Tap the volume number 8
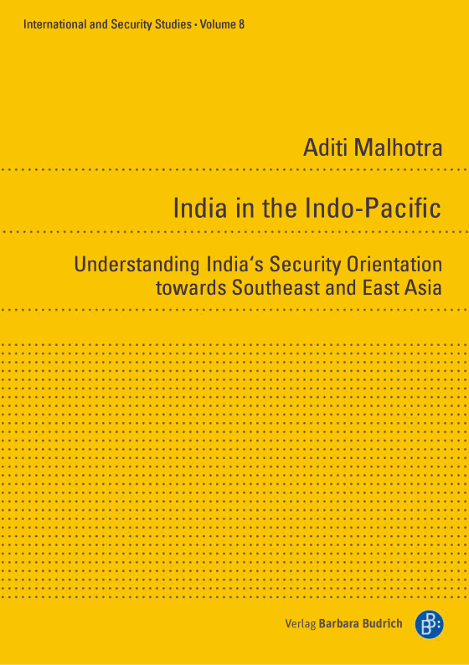point(241,24)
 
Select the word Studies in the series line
point(172,24)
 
